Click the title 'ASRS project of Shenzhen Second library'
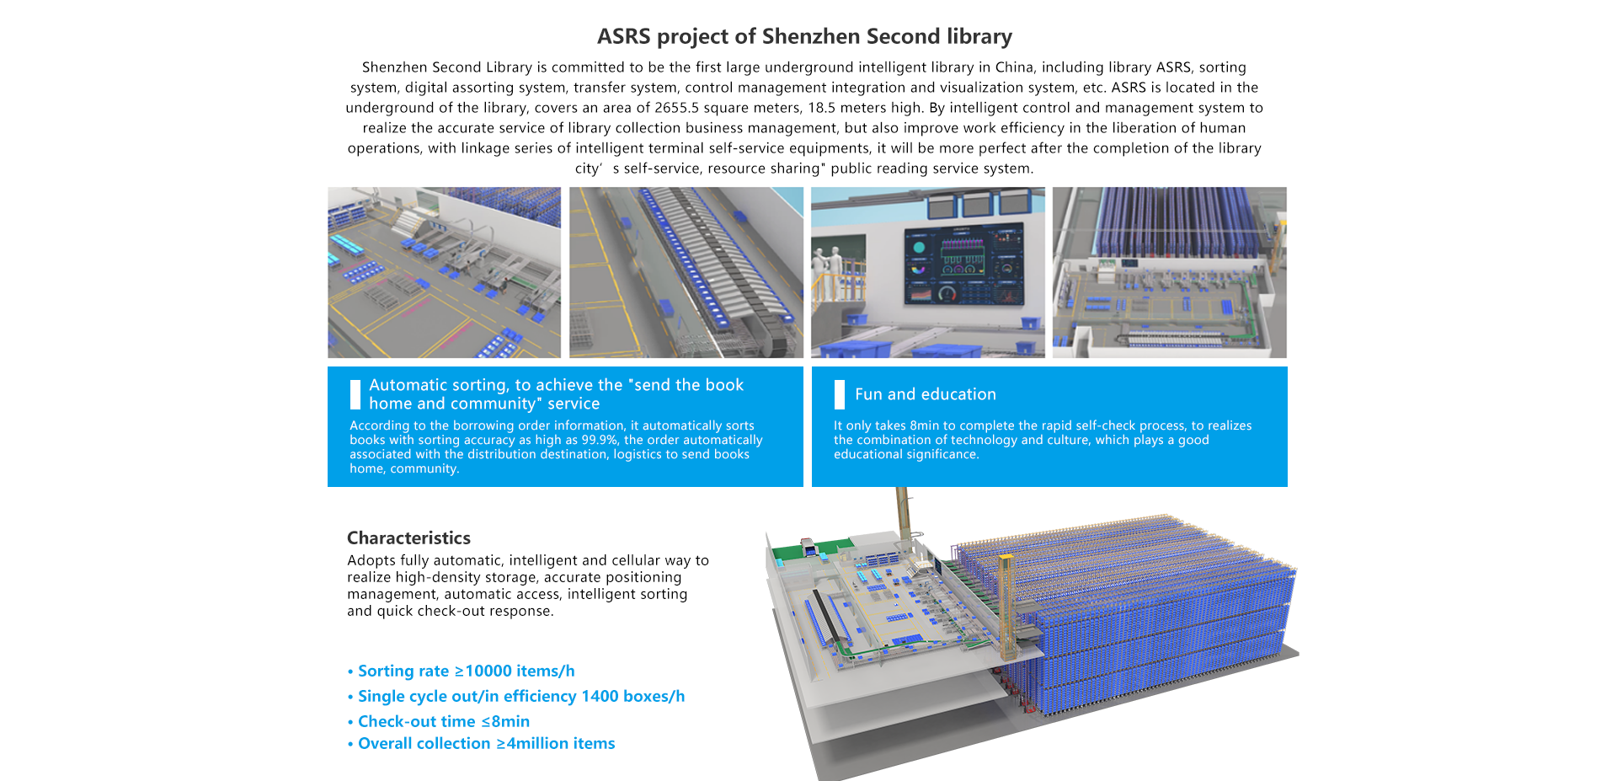coord(804,36)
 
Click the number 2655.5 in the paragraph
coord(677,108)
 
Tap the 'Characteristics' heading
coord(408,538)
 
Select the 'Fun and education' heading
coord(925,394)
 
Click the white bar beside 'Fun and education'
coord(839,394)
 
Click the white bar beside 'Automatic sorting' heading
coord(355,394)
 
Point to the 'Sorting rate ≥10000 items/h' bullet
coord(466,671)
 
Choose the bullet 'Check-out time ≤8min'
coord(443,721)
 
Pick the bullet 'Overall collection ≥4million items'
coord(486,743)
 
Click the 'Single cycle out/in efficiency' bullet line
coord(520,696)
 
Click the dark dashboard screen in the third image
coord(963,264)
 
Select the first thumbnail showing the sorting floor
coord(444,272)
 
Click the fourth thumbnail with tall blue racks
coord(1169,272)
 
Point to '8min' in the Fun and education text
coord(924,425)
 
